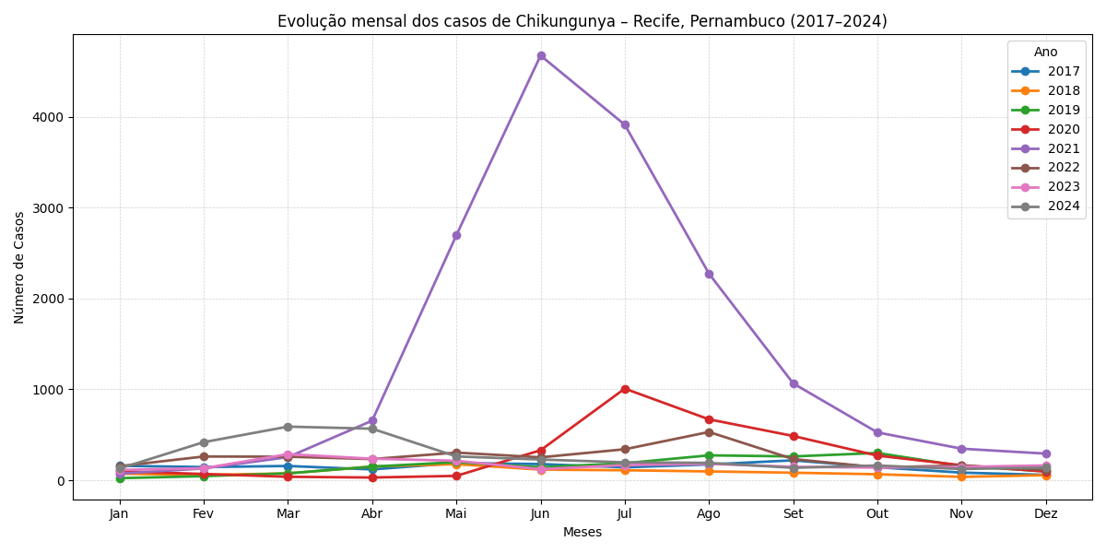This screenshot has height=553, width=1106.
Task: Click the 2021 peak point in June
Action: tap(541, 55)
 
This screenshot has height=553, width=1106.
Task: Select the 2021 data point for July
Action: tap(625, 124)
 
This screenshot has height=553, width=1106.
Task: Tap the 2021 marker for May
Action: tap(456, 235)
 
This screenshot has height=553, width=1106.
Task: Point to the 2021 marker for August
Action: tap(709, 274)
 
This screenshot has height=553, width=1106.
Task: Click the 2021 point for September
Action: tap(794, 383)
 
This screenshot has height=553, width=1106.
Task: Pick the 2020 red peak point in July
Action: tap(625, 389)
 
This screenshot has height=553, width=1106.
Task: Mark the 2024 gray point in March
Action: tap(288, 427)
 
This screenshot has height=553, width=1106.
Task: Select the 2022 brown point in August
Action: tap(709, 432)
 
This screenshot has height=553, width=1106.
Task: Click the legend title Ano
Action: tap(1046, 53)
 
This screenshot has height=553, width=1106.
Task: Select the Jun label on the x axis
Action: tap(541, 513)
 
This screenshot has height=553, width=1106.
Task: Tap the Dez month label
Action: tap(1046, 513)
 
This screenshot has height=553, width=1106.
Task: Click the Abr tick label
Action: tap(372, 513)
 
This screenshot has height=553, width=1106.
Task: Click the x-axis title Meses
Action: tap(582, 532)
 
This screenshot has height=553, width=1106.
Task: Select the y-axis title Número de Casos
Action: tap(19, 267)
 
